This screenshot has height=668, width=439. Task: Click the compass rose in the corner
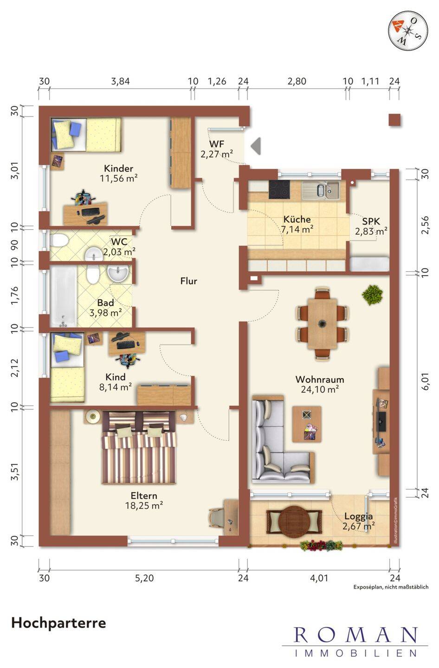tap(408, 30)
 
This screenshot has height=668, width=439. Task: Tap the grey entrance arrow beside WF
tap(256, 146)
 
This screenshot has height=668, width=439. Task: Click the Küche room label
tap(297, 219)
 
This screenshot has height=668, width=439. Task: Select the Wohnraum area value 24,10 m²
tap(320, 389)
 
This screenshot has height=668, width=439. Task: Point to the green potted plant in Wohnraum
tap(372, 295)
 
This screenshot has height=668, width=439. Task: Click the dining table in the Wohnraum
tap(322, 323)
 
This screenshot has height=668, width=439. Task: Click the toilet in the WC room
tap(59, 240)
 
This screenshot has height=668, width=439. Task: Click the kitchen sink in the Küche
tap(320, 190)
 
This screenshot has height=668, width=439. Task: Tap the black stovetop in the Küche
tap(279, 189)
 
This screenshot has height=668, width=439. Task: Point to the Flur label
tap(188, 281)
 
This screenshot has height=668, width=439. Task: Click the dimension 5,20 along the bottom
tap(144, 578)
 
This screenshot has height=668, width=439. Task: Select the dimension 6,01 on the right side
tap(425, 381)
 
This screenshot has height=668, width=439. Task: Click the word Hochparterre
tap(59, 623)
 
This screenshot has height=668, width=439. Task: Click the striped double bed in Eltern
tap(139, 447)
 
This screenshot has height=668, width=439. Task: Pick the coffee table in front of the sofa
tap(307, 424)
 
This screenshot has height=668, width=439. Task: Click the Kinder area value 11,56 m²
tap(119, 178)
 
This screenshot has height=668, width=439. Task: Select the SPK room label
tap(371, 221)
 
